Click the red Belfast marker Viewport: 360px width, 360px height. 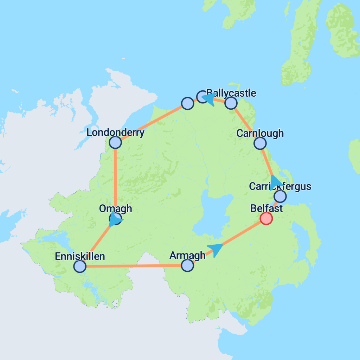(x=266, y=218)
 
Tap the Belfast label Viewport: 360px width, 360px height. (x=266, y=208)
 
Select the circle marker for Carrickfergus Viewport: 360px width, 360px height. (x=280, y=196)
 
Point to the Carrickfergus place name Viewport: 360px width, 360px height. (x=280, y=186)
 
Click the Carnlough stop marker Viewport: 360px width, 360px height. (x=260, y=143)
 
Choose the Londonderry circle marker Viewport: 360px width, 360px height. (x=115, y=142)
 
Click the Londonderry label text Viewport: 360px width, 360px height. (x=115, y=133)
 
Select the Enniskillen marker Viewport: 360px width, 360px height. (x=80, y=266)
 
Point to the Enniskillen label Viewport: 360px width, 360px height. (x=80, y=256)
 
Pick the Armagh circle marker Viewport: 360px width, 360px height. (x=187, y=265)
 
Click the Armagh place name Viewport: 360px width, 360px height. (x=187, y=256)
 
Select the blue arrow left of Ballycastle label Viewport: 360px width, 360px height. (x=210, y=99)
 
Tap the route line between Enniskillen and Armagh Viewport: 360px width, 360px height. (x=134, y=266)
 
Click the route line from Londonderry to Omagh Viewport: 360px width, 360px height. (x=116, y=179)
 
